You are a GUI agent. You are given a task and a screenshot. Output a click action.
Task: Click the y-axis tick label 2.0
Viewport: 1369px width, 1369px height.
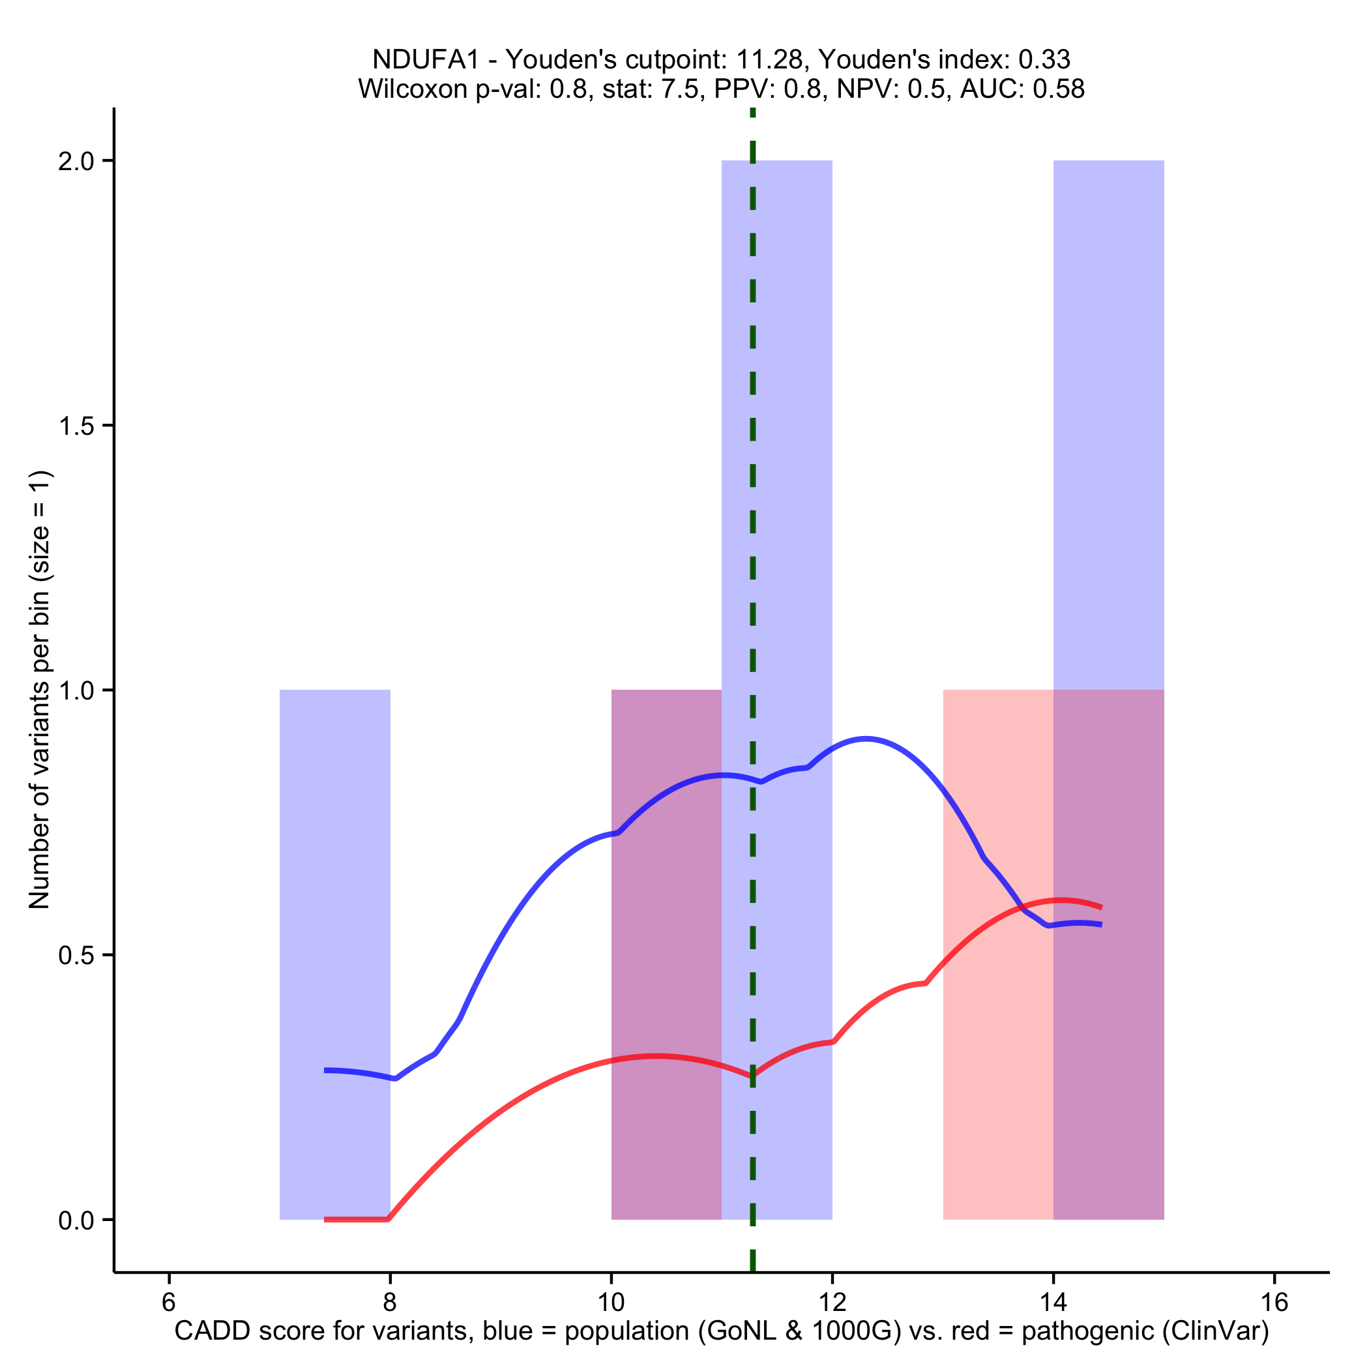tap(76, 162)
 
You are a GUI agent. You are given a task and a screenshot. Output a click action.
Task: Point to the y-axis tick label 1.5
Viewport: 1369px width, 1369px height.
tap(76, 426)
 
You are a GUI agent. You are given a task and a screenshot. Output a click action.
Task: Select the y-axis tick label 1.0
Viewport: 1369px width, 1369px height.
tap(76, 691)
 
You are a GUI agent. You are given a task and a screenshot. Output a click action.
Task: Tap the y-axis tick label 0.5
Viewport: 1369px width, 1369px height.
tap(76, 955)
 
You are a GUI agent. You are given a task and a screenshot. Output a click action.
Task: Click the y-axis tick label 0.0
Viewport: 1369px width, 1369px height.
tap(76, 1220)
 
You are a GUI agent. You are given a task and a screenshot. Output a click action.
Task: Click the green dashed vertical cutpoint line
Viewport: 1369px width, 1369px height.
tap(752, 496)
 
